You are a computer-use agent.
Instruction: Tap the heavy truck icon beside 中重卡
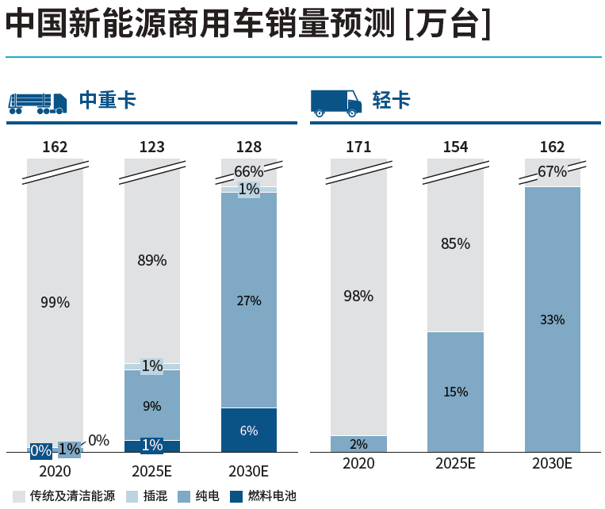(37, 102)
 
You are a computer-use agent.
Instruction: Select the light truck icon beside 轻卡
(335, 102)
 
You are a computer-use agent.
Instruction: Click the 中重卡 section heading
(107, 101)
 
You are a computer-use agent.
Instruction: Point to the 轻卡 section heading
(391, 101)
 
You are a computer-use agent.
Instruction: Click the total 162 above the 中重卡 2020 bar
(55, 147)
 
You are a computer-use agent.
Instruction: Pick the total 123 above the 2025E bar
(151, 147)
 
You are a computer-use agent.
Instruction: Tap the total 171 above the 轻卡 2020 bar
(358, 147)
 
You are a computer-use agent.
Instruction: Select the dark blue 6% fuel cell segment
(249, 431)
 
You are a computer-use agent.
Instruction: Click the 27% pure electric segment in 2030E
(249, 300)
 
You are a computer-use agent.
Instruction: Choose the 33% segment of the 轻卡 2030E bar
(552, 320)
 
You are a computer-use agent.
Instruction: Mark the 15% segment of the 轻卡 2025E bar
(455, 392)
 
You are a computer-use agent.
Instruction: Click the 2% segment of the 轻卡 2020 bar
(358, 444)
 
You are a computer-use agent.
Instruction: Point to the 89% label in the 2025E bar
(152, 260)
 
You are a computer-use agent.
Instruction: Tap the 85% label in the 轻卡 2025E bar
(455, 243)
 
